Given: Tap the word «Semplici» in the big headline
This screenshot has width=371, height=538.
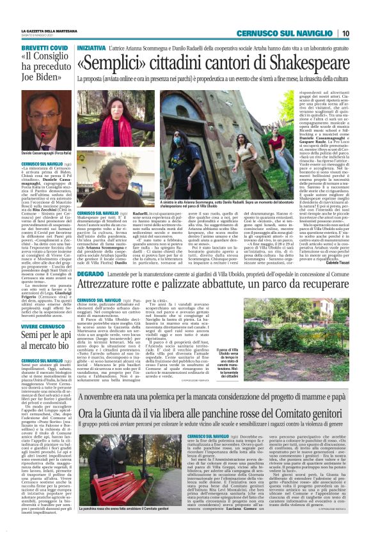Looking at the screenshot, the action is click(x=114, y=63).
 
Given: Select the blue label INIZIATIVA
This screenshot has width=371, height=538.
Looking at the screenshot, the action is click(x=91, y=47).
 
